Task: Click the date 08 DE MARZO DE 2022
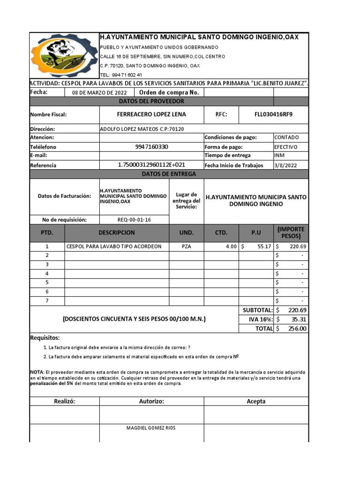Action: pos(99,92)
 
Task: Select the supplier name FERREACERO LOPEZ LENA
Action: pos(151,114)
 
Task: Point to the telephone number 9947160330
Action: pos(151,147)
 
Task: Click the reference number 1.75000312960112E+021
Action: pos(151,165)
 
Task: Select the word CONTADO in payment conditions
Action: pos(285,138)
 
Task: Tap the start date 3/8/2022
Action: pos(285,165)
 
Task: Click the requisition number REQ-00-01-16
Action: pos(134,220)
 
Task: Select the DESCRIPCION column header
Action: pos(117,233)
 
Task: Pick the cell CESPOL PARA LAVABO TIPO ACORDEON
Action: pos(114,247)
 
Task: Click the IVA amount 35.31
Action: pos(298,319)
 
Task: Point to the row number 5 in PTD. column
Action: pos(47,283)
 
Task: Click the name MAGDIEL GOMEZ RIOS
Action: pos(151,428)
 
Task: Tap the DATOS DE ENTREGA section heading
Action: pos(169,174)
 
